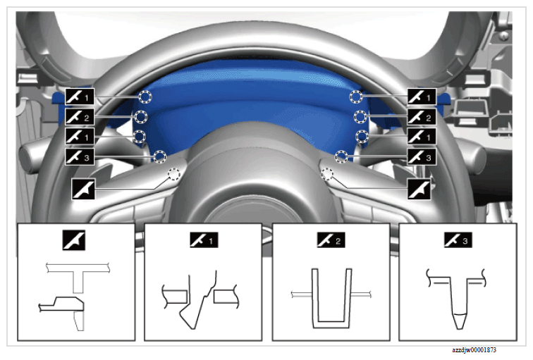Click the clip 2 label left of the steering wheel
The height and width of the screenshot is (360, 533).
pos(80,117)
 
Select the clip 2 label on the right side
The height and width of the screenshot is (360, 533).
pos(422,117)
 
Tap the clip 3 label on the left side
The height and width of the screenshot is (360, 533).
pos(80,157)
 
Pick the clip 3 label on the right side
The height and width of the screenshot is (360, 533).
pos(422,157)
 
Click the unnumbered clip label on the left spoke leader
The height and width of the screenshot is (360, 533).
pos(83,190)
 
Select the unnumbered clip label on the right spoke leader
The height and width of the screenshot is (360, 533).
pos(419,190)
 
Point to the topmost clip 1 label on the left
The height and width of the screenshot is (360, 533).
pos(80,97)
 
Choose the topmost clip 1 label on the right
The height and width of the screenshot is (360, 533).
pos(422,97)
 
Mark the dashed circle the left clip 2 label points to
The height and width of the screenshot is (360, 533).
pos(140,117)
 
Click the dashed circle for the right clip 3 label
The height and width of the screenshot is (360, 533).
pos(341,156)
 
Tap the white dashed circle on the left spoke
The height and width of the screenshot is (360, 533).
pos(173,174)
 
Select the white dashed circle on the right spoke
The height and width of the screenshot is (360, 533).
pos(326,174)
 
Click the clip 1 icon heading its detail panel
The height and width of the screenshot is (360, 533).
pos(204,240)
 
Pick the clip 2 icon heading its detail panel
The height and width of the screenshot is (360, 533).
pos(331,240)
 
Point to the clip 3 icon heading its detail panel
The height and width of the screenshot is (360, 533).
pos(458,240)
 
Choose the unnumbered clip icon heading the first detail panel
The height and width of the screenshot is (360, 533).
pos(74,240)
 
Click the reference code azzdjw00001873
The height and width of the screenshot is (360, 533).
pos(474,350)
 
